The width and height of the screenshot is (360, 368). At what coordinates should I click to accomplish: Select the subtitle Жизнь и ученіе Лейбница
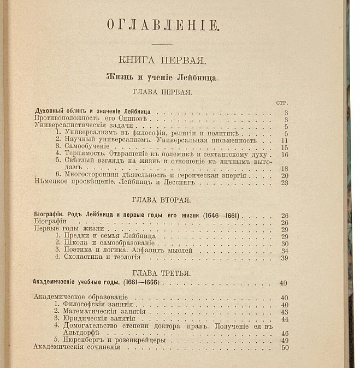[x=162, y=78]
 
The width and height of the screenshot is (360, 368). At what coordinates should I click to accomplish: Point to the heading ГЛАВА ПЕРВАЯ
[x=162, y=92]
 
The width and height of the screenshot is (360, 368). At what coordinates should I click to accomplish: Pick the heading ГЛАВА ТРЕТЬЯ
[x=162, y=272]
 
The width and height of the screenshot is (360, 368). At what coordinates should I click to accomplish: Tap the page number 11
[x=284, y=140]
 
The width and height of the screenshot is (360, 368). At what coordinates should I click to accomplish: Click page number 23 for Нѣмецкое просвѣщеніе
[x=284, y=183]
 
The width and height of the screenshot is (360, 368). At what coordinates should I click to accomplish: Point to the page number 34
[x=284, y=251]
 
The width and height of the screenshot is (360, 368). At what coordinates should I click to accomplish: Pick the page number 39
[x=284, y=258]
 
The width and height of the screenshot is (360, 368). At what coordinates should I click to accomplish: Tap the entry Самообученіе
[x=86, y=147]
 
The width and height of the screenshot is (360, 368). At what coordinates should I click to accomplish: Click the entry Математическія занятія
[x=103, y=311]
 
